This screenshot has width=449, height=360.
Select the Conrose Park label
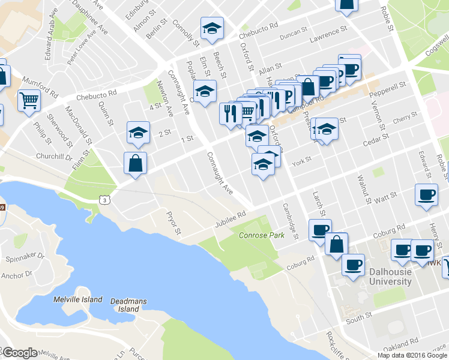262,235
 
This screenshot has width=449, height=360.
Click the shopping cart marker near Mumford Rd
28,100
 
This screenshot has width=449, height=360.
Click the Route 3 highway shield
105,199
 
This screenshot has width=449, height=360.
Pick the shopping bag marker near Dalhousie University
337,243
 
